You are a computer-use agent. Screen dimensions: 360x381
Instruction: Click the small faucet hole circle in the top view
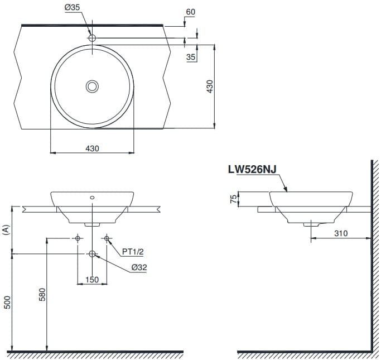click(x=92, y=38)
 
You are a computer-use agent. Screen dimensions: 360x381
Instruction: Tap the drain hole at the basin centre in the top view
click(x=92, y=86)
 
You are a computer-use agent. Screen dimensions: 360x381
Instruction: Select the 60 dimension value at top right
click(x=191, y=12)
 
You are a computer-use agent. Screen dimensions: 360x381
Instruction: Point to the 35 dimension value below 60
click(x=191, y=56)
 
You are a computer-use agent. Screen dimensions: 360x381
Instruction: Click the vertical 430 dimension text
click(x=210, y=87)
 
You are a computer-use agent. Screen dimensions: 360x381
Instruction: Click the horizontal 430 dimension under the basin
click(x=92, y=148)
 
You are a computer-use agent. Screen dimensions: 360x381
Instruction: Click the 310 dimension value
click(x=341, y=233)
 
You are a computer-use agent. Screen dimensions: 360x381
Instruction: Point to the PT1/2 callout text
click(x=133, y=252)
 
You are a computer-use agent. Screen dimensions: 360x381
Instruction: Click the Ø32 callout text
click(x=139, y=267)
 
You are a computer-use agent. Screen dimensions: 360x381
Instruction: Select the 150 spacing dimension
click(x=92, y=279)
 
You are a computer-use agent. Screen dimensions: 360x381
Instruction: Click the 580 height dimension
click(x=42, y=294)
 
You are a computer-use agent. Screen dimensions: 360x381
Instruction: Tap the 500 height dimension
click(x=7, y=304)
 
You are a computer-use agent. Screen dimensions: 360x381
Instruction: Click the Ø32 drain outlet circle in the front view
click(x=92, y=254)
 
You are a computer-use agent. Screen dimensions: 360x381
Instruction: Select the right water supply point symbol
click(x=107, y=238)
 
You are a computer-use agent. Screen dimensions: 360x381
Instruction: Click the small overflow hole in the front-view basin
click(x=92, y=197)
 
